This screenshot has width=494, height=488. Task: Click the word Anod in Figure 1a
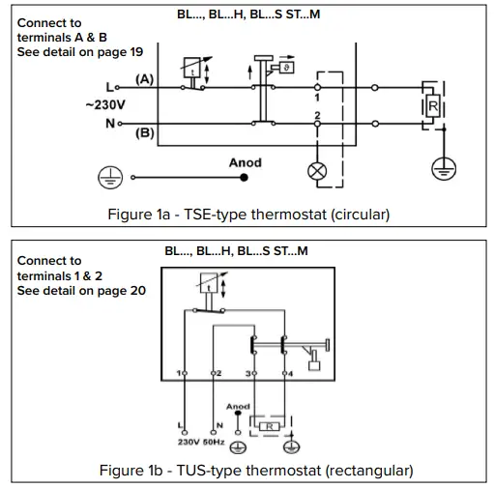click(x=245, y=162)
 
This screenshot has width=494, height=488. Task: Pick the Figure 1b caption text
click(x=255, y=471)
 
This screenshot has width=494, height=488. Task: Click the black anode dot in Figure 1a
click(x=245, y=178)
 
